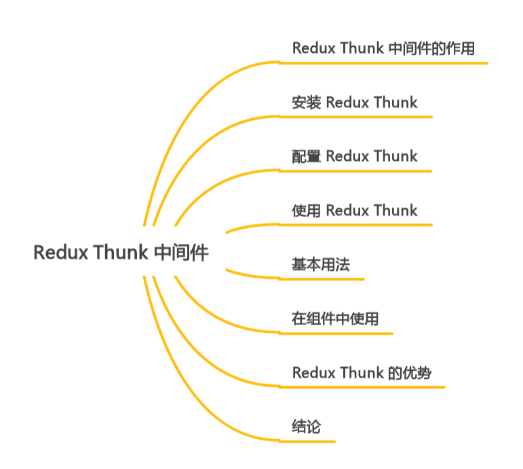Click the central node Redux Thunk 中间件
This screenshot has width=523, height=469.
[x=121, y=252]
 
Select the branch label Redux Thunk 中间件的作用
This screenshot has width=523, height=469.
[x=383, y=48]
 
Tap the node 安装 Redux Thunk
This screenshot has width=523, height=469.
[x=355, y=102]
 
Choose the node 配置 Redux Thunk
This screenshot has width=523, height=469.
[x=355, y=156]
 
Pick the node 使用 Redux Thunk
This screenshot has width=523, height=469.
[x=355, y=210]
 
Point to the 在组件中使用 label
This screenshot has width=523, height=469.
[x=335, y=318]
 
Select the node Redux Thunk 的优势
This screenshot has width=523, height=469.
[x=362, y=373]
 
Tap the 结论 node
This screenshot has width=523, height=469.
[x=307, y=427]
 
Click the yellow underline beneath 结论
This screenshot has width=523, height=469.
[x=307, y=442]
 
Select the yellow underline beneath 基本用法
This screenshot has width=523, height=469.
[x=322, y=279]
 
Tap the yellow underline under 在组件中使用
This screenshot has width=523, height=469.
[x=336, y=333]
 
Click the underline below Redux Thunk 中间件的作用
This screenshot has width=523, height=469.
[x=383, y=63]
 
